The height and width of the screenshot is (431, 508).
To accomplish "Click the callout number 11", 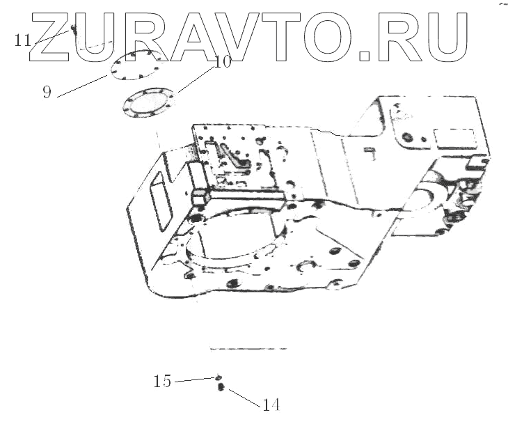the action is point(22,40).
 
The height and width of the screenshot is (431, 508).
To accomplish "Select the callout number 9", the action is point(47,92).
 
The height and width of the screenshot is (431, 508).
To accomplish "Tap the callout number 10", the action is point(223,62).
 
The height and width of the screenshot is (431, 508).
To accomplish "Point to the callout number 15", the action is point(162,382).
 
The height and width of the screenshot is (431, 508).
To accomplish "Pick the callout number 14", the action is point(271,405).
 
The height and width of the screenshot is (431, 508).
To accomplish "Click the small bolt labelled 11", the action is point(72,29).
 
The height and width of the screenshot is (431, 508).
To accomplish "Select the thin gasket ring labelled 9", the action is point(136,65).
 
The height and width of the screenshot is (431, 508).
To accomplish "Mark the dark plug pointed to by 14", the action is point(221,387).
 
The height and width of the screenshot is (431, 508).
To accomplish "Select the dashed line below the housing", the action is point(248,347).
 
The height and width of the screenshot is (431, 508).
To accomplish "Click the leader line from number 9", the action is point(84,83).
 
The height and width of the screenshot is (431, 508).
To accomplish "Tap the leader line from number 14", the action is point(244,396).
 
